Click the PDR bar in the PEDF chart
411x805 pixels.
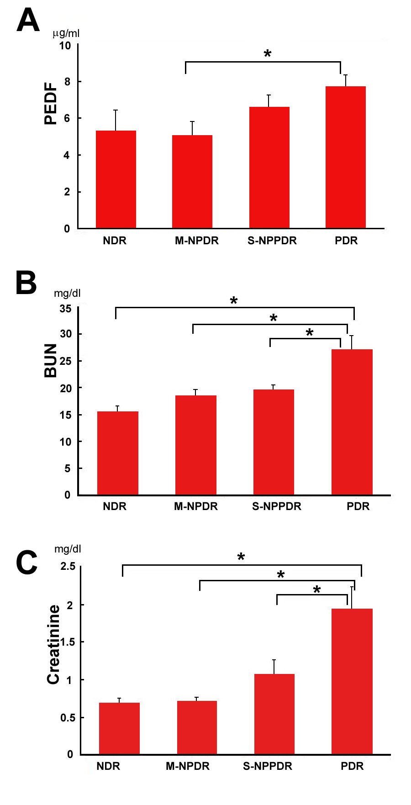(x=346, y=157)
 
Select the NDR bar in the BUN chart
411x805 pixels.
(x=118, y=453)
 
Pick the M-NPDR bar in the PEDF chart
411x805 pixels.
(x=192, y=182)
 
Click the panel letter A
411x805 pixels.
(x=28, y=21)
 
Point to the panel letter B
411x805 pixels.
(x=26, y=283)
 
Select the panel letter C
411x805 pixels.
(x=26, y=563)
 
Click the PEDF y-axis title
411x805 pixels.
(x=51, y=104)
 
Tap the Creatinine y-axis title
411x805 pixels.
(x=53, y=644)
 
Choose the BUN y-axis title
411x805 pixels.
(x=51, y=361)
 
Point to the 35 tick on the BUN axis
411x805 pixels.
(x=66, y=309)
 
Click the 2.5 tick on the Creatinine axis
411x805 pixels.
(x=68, y=567)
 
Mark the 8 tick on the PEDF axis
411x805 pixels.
(x=67, y=82)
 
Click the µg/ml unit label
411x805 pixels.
(x=66, y=33)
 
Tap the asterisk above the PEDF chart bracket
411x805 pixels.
(x=268, y=54)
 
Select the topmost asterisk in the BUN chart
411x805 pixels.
(x=234, y=301)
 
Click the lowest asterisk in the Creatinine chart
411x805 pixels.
(x=317, y=590)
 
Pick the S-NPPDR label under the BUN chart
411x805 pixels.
(x=277, y=506)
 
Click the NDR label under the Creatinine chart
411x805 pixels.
(x=108, y=766)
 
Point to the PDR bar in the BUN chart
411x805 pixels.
(x=352, y=422)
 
